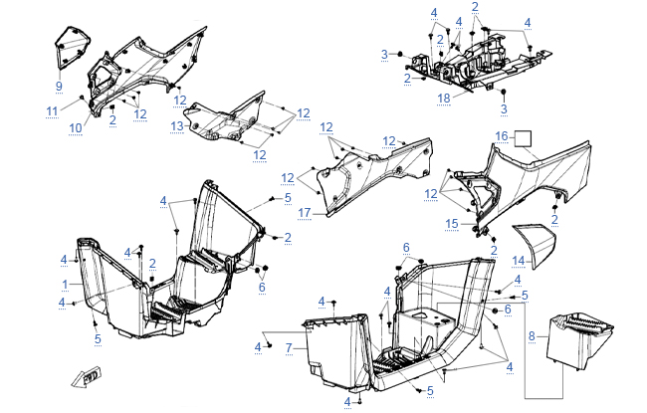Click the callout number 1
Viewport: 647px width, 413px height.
tap(66, 284)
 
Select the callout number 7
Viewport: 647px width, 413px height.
tap(289, 347)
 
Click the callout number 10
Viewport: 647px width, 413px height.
tap(75, 127)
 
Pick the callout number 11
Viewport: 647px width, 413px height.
tap(52, 109)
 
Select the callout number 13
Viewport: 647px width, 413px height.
tap(176, 125)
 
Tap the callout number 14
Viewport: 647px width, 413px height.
tap(518, 261)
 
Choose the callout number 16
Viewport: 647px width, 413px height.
tap(503, 135)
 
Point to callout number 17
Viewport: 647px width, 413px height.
tap(305, 212)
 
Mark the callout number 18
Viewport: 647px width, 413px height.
tap(444, 99)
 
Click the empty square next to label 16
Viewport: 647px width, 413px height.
tap(524, 138)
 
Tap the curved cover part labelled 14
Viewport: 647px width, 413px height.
tap(538, 243)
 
